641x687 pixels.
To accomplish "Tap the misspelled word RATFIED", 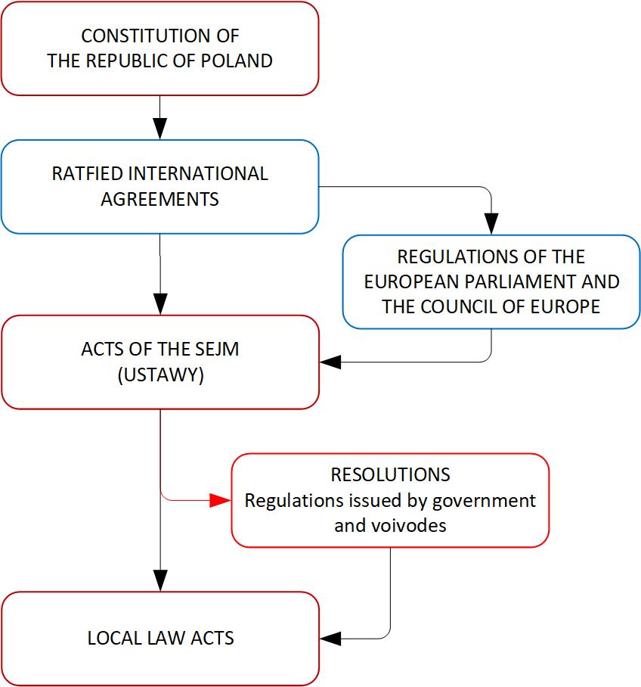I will tap(87, 174).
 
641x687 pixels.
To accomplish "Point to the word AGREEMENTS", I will tap(159, 200).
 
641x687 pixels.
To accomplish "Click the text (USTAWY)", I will tap(160, 376).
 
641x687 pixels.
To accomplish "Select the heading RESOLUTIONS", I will tap(390, 475).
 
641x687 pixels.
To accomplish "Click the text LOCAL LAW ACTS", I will tap(160, 639).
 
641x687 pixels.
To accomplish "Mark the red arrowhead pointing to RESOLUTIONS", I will tap(220, 500).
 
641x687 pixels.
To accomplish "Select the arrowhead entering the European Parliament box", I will tap(491, 224).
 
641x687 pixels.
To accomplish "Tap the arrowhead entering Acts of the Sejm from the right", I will tap(330, 362).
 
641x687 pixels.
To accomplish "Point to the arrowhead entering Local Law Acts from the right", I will tap(330, 639).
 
